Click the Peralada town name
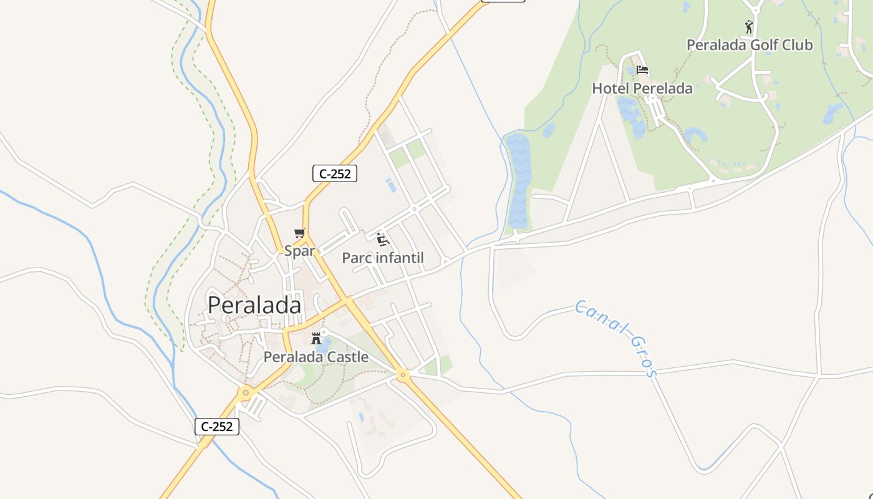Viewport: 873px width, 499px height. (x=254, y=305)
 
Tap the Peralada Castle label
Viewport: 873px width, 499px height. (x=316, y=357)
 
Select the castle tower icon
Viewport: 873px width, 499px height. (x=316, y=339)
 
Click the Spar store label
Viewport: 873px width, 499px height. (x=299, y=251)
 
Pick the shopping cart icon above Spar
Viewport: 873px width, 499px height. (x=300, y=233)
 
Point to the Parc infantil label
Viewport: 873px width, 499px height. (x=383, y=258)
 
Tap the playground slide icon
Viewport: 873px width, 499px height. (x=383, y=239)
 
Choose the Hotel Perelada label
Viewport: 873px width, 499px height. (x=642, y=89)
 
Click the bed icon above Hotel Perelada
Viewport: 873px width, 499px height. (x=642, y=70)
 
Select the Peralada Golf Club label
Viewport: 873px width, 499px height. (x=750, y=45)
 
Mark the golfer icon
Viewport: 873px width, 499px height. (x=749, y=27)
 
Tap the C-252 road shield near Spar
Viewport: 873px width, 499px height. (x=335, y=174)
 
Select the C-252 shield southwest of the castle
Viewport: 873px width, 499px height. (x=217, y=427)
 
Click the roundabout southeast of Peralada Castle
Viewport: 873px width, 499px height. (x=402, y=375)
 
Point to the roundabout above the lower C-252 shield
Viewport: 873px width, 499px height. (x=246, y=392)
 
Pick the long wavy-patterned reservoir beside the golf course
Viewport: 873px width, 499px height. (x=519, y=182)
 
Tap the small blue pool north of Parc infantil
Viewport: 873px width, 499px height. (x=391, y=185)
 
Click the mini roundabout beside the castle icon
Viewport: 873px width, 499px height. (x=324, y=331)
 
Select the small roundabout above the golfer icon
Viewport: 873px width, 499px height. (x=756, y=9)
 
